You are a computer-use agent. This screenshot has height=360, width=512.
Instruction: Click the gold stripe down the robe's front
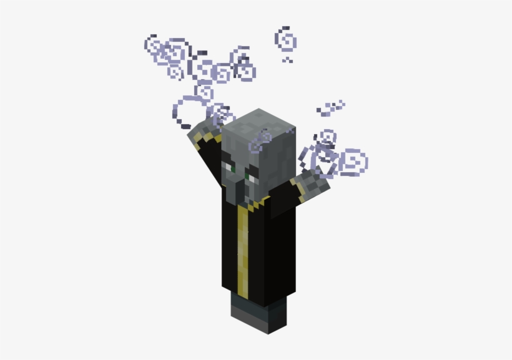pos(244,250)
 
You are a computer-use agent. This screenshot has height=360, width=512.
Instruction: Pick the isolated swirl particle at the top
pos(286,39)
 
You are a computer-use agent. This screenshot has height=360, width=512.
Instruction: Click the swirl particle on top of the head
pos(261,141)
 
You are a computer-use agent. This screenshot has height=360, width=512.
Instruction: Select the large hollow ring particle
pos(186,111)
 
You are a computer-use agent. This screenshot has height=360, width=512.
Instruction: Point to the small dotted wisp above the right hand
pos(331,107)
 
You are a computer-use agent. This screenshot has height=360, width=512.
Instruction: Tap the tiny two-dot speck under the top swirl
pos(287,61)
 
